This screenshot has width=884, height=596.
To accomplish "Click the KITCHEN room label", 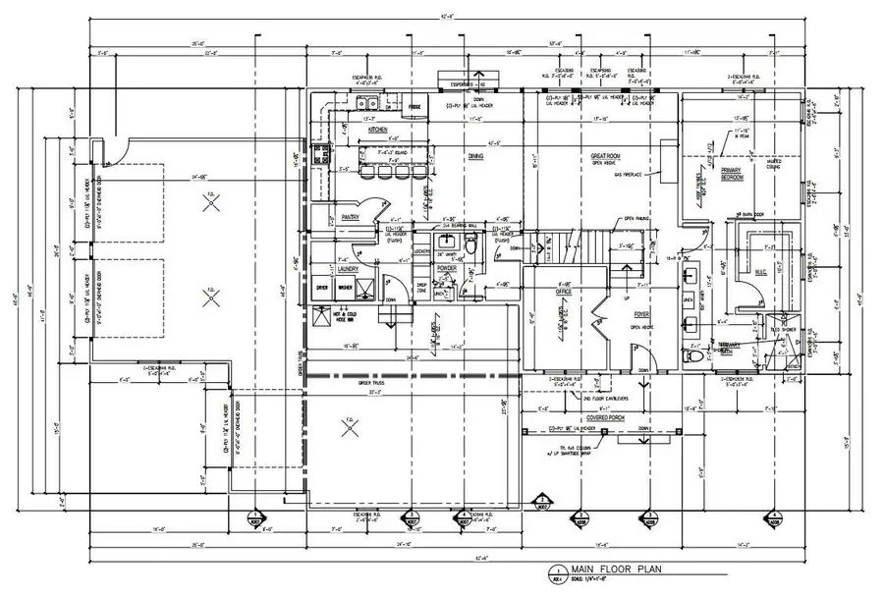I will [x=378, y=130].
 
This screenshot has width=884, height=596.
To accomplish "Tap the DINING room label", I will [x=474, y=155].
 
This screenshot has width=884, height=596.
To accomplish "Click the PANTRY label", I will [x=351, y=217].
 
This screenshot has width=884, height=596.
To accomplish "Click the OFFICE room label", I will [x=563, y=291].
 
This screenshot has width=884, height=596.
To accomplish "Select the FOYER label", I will [x=630, y=315].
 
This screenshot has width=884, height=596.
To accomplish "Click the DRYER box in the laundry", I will [x=321, y=288].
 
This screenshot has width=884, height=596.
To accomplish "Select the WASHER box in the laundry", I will [x=344, y=288].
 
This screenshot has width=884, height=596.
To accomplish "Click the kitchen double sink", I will [x=368, y=102].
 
